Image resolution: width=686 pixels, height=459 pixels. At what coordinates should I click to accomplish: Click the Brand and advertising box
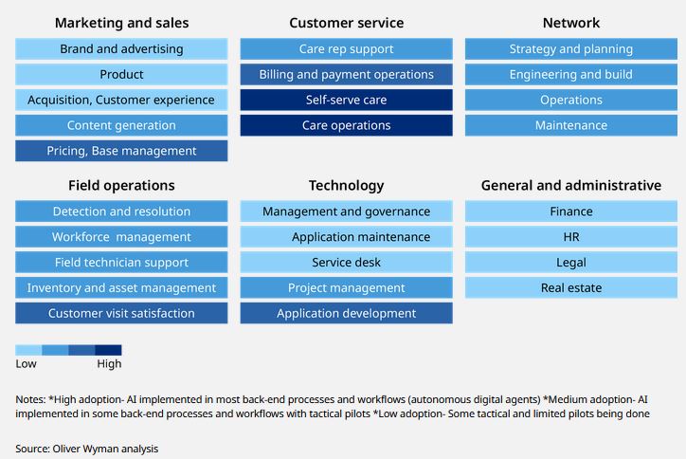point(121,49)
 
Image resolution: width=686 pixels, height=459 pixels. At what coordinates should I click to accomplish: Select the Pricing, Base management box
point(121,151)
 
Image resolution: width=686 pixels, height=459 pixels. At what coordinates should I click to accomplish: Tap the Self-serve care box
point(346,100)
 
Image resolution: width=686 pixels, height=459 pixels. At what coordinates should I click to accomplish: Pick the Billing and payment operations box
point(346,75)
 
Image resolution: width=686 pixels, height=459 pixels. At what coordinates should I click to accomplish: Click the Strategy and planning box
point(570,49)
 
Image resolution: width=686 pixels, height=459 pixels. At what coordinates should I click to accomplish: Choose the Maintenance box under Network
point(570,125)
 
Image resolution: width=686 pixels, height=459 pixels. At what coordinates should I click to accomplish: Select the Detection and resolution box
point(121,211)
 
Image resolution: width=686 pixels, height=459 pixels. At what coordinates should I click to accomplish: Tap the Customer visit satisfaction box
point(121,313)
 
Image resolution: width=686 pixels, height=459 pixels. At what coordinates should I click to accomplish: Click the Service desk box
point(346,263)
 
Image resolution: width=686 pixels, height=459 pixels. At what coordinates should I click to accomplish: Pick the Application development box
point(346,313)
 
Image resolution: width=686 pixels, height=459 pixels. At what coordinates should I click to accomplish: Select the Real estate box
point(570,287)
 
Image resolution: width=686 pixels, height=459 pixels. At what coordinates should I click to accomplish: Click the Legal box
point(570,263)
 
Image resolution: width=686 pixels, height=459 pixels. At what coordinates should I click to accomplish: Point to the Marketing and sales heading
point(121,23)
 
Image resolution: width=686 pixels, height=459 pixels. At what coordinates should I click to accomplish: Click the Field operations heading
point(121,186)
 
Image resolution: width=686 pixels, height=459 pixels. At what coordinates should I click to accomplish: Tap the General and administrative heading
point(570,186)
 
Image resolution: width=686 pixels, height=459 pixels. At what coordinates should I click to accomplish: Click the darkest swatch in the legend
point(108,350)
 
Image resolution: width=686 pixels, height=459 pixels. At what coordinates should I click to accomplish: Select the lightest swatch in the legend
point(28,350)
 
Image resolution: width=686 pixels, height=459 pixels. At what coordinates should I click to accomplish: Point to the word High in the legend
point(109,364)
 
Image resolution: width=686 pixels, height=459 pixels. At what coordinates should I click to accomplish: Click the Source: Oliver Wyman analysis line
point(87,448)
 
